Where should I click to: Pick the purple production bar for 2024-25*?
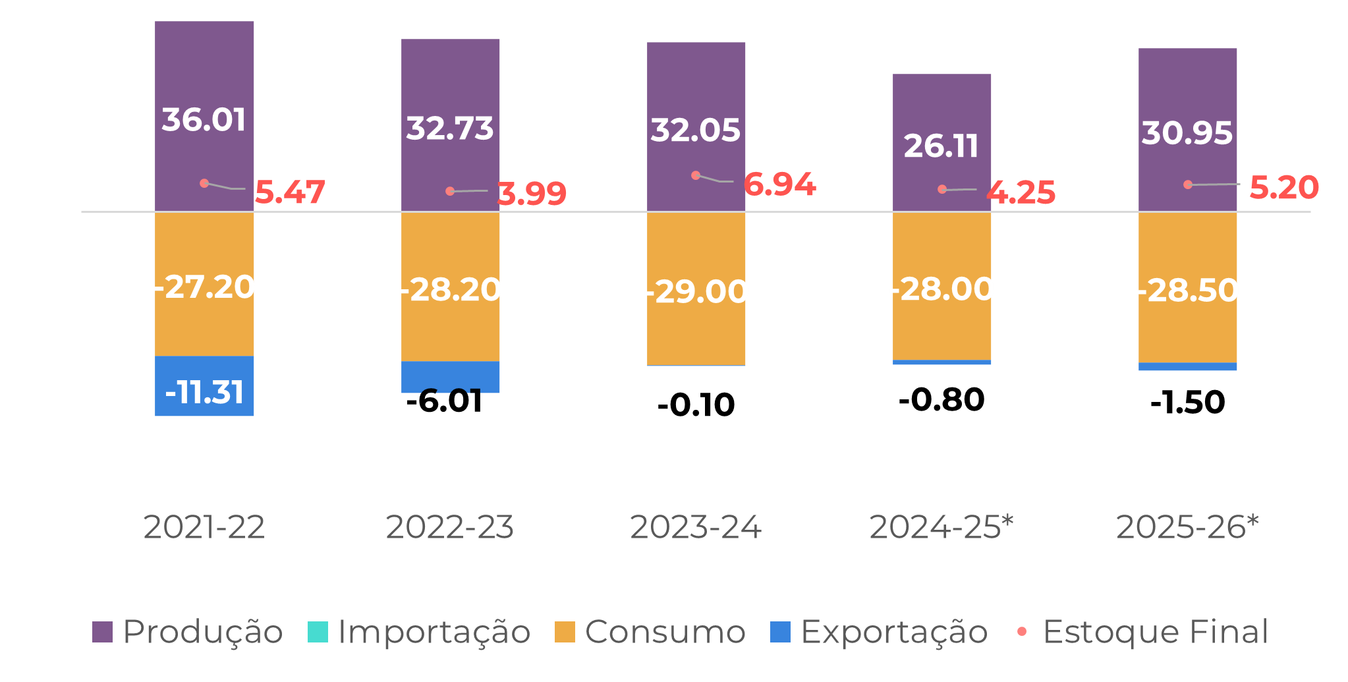[x=942, y=105]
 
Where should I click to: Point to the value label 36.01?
[x=204, y=120]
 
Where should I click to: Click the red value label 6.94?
[x=780, y=185]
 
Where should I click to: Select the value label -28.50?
[x=1188, y=291]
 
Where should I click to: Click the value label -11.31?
[x=204, y=393]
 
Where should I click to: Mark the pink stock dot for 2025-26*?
[x=1188, y=185]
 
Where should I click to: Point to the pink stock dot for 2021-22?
[x=204, y=183]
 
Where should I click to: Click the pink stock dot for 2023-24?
[x=696, y=175]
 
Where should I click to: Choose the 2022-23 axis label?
[x=450, y=527]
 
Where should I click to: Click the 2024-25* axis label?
[x=941, y=527]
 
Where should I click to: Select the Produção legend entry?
[x=188, y=632]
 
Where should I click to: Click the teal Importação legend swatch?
[x=318, y=632]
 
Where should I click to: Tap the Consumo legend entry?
[x=651, y=632]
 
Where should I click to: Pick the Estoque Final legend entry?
[x=1144, y=632]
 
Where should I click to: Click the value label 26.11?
[x=941, y=146]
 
